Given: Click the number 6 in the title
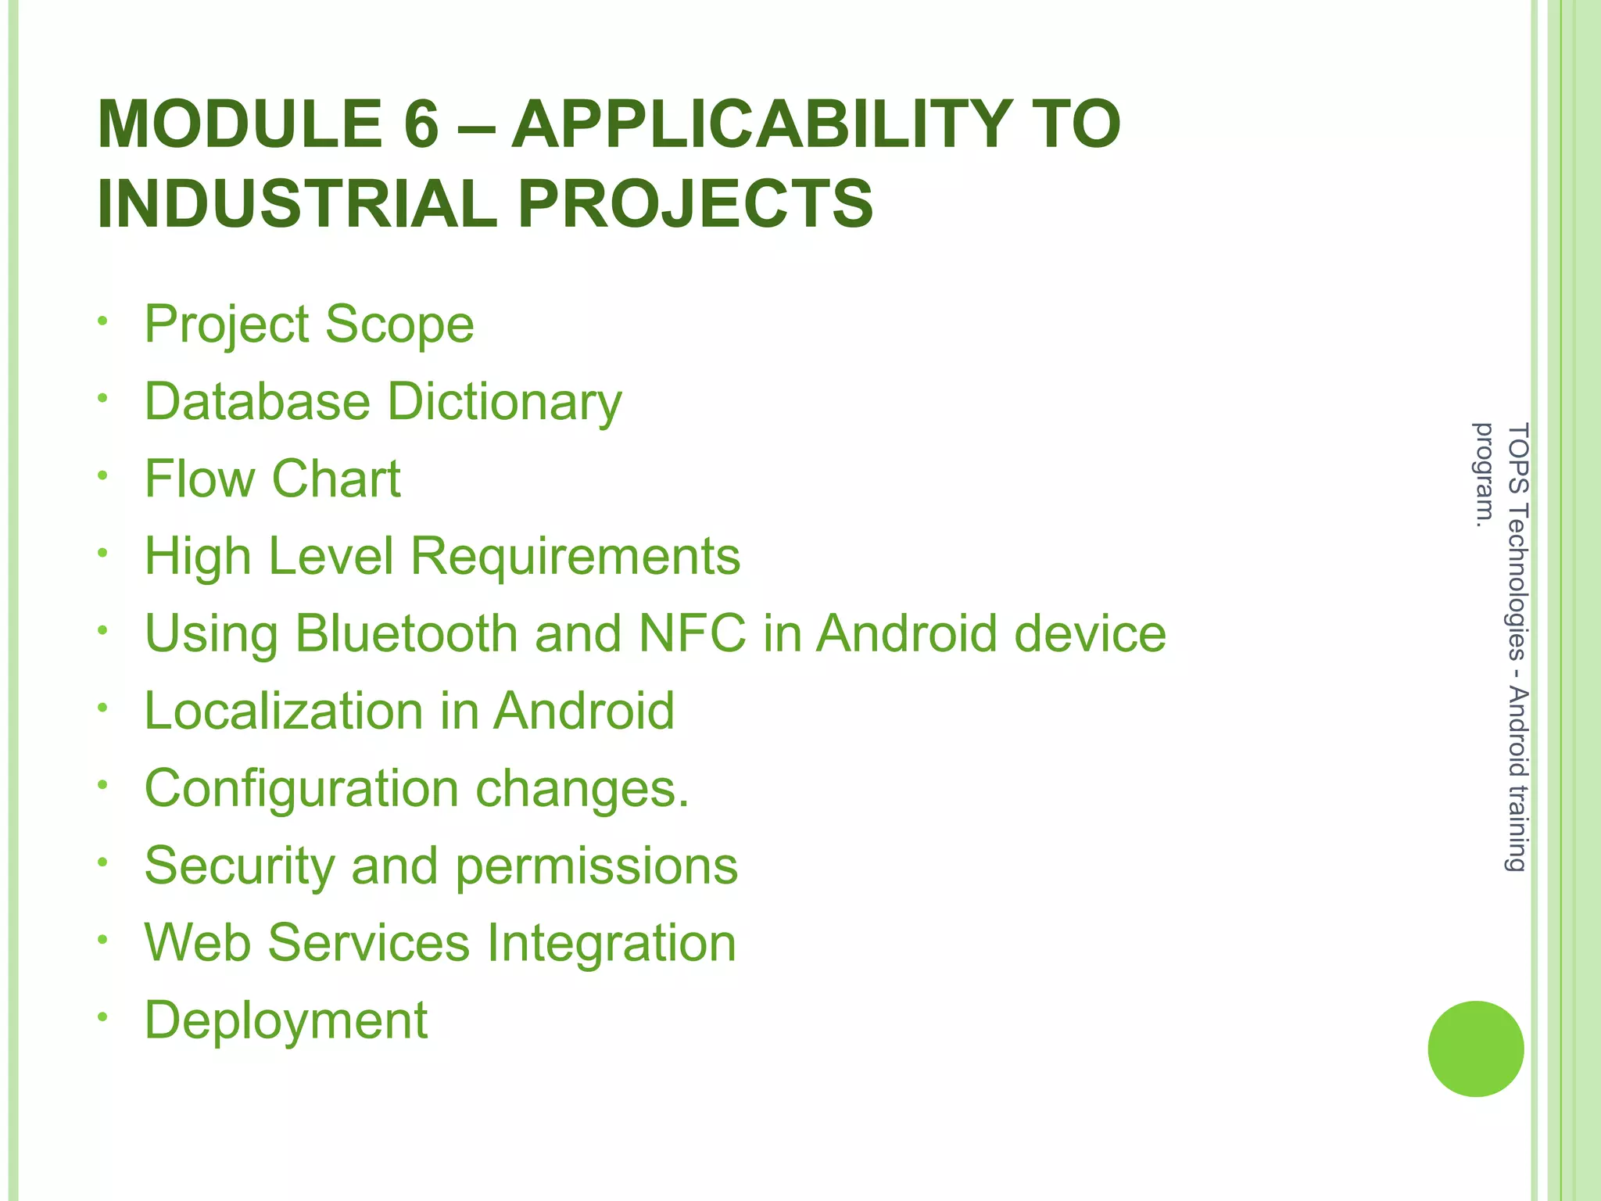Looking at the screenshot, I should tap(421, 125).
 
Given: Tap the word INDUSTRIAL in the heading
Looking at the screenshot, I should tap(297, 204).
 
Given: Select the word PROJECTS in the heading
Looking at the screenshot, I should tap(695, 204).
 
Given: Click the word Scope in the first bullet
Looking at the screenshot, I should tap(399, 324).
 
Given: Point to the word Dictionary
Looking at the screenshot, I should tap(505, 402).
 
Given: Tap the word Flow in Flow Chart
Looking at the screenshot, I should tap(199, 479).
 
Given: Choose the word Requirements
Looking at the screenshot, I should tap(575, 556).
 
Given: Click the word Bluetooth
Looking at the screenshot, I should tap(407, 633).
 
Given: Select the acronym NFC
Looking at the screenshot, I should tap(693, 633).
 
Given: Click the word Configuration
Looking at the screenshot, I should tap(302, 788).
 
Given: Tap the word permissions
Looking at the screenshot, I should tap(596, 866).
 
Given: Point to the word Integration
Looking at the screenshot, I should tap(611, 943).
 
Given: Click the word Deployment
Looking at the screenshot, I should tap(286, 1020).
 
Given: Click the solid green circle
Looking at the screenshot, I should tap(1475, 1049).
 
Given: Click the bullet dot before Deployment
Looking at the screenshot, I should tap(102, 1017).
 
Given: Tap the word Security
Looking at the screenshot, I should tap(239, 866).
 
